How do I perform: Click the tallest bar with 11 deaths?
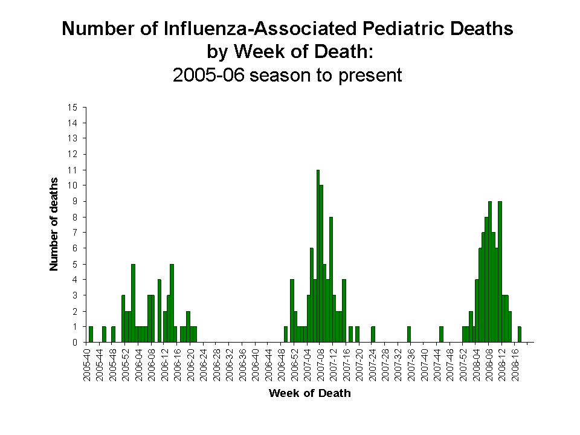tap(318, 256)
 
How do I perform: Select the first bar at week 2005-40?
tap(91, 334)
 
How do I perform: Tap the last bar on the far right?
tap(519, 334)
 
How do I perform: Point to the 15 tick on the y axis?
tap(73, 108)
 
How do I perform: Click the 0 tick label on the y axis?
tap(75, 342)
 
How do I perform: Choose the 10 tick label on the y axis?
tap(73, 185)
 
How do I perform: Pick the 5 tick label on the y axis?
tap(75, 264)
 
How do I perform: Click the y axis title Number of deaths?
tap(54, 224)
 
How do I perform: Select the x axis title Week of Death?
tap(309, 393)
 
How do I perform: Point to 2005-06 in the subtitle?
tap(208, 76)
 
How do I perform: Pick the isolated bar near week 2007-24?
tap(373, 334)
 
